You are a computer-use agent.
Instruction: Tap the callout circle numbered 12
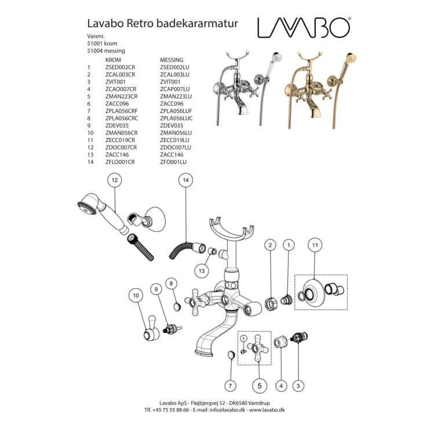pyautogui.click(x=114, y=181)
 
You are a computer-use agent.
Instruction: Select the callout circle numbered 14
pyautogui.click(x=185, y=181)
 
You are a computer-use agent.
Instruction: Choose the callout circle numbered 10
pyautogui.click(x=136, y=296)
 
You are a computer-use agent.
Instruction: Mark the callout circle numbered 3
pyautogui.click(x=298, y=385)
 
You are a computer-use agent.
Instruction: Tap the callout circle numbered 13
pyautogui.click(x=201, y=270)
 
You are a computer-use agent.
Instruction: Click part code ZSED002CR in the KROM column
pyautogui.click(x=120, y=67)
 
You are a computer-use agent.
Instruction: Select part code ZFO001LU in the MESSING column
pyautogui.click(x=173, y=162)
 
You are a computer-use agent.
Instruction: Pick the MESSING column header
pyautogui.click(x=172, y=60)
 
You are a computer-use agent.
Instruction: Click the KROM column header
pyautogui.click(x=113, y=60)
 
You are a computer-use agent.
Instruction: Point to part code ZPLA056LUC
pyautogui.click(x=176, y=118)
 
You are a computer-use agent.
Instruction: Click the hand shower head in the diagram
pyautogui.click(x=86, y=207)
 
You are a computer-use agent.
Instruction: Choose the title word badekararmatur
pyautogui.click(x=203, y=24)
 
